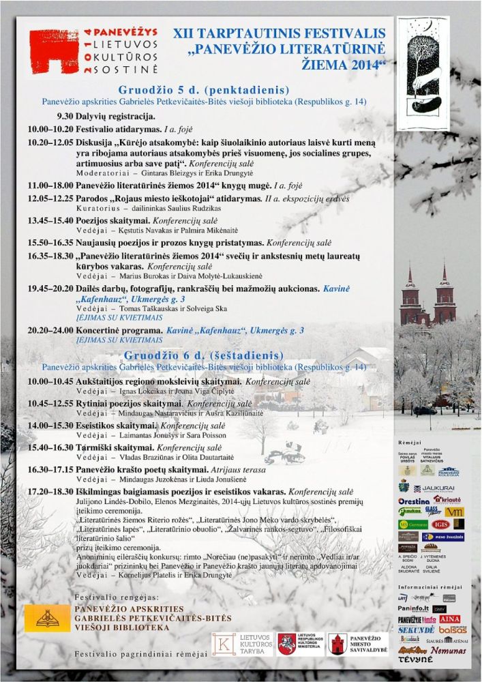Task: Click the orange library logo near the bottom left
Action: pyautogui.click(x=47, y=618)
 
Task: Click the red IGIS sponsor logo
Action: pyautogui.click(x=439, y=524)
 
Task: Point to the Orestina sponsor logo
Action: pyautogui.click(x=414, y=501)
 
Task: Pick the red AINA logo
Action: pyautogui.click(x=450, y=619)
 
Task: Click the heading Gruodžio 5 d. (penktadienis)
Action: pyautogui.click(x=194, y=90)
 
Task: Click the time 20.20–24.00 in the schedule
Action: pyautogui.click(x=49, y=330)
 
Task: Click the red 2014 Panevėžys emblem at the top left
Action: pyautogui.click(x=55, y=52)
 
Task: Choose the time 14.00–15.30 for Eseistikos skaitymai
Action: pyautogui.click(x=49, y=425)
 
